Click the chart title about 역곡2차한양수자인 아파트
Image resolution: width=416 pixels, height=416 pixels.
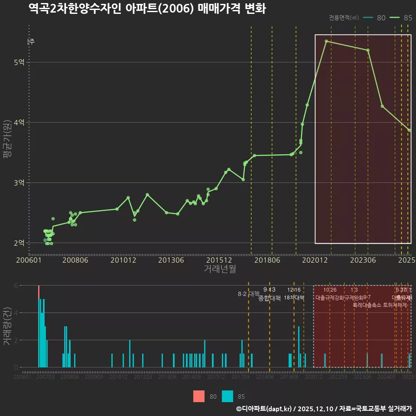(x=147, y=9)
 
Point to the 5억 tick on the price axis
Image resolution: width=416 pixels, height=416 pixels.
(x=19, y=62)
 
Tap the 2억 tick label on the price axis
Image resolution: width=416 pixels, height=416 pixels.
(x=19, y=243)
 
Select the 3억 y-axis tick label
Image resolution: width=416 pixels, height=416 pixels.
(x=19, y=183)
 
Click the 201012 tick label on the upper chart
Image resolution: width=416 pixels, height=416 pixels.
(x=123, y=260)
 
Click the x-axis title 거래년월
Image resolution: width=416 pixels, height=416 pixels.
(x=220, y=269)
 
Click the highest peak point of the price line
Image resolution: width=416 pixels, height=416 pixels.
(x=326, y=41)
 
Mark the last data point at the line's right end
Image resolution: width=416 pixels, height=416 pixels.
(x=409, y=130)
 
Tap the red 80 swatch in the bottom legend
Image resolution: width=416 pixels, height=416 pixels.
(x=199, y=396)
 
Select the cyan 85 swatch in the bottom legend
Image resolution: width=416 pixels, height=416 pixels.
(x=227, y=396)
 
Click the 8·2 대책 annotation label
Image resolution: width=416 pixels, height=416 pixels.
(x=248, y=294)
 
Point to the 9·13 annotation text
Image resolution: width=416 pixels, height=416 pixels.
(x=269, y=290)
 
